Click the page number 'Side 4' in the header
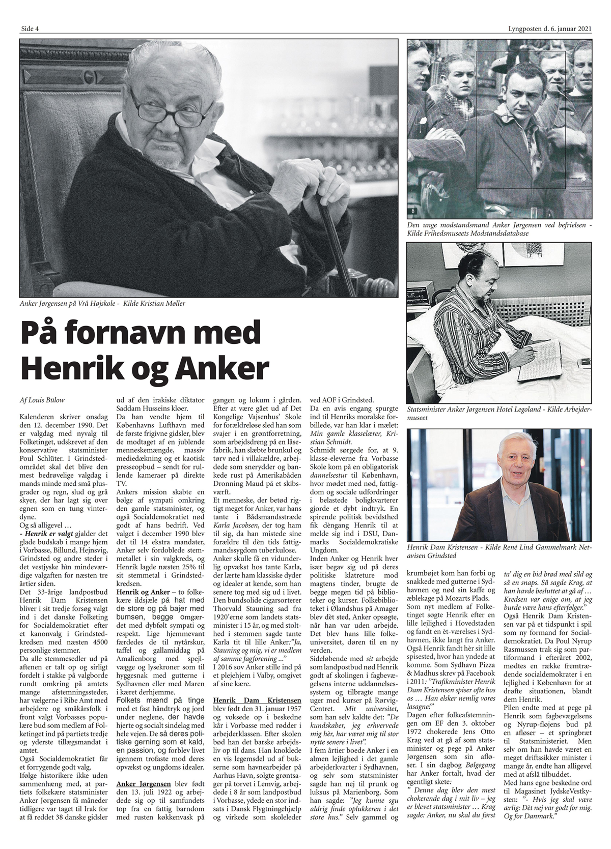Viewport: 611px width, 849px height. [x=30, y=28]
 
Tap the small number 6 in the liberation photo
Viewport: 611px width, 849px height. [x=411, y=211]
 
